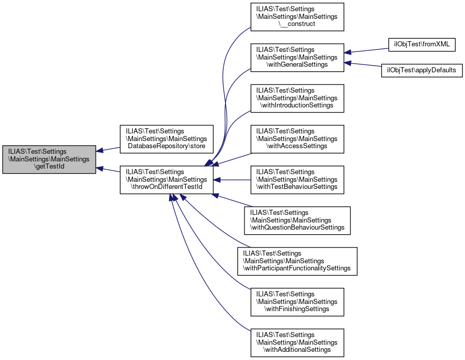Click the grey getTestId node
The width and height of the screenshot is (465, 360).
pos(49,159)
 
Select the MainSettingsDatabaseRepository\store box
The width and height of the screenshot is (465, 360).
pos(167,139)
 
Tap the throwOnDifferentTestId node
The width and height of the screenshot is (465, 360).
pos(167,180)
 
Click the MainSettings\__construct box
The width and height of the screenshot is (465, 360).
pos(297,17)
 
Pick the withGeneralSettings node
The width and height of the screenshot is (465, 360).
pos(297,58)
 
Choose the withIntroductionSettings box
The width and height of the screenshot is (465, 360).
pos(297,98)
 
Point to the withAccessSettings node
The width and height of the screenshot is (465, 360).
pos(297,139)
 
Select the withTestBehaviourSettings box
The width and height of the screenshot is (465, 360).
pos(297,180)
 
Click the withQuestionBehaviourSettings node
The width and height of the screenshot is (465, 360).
pos(297,220)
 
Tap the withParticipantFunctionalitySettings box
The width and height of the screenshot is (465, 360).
pos(297,261)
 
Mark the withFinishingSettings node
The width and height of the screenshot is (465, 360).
pos(297,302)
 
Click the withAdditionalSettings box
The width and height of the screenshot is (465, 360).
pos(297,343)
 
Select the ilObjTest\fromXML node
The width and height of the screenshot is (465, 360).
pos(422,44)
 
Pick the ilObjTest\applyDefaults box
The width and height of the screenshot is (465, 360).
pos(422,70)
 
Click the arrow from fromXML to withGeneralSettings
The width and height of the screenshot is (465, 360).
pos(366,50)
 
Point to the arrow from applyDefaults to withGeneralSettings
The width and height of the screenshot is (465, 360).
pos(363,64)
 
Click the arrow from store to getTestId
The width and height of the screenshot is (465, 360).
pos(108,149)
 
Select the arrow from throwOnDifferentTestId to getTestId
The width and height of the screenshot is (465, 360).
pos(108,170)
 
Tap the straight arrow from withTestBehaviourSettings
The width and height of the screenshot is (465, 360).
pos(232,180)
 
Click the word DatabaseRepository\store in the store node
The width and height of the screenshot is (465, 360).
pos(167,146)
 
